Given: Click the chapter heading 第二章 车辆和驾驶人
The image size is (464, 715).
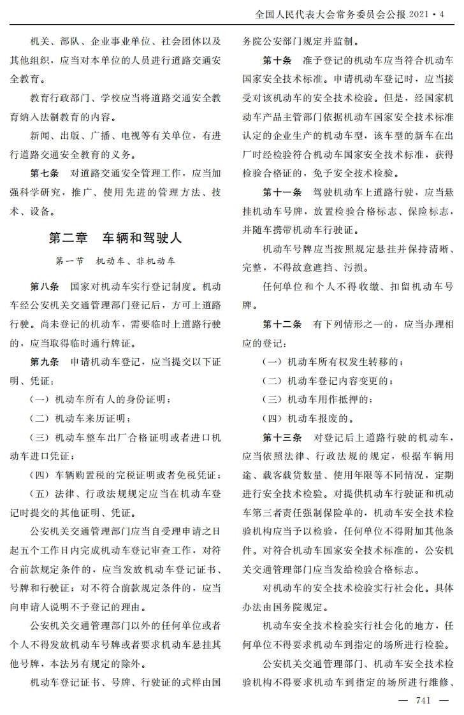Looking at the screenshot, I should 115,238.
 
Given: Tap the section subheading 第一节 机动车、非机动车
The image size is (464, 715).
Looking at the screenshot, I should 115,261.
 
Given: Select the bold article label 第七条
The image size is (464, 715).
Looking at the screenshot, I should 45,173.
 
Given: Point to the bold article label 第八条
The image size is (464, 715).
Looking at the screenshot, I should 45,288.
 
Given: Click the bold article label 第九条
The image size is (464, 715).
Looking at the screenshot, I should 45,362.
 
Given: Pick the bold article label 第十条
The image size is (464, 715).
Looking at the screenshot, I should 277,61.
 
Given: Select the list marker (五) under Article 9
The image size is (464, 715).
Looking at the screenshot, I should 40,494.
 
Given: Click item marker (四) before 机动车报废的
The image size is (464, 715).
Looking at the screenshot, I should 273,419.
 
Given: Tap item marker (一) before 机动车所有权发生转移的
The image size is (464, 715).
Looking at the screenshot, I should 273,362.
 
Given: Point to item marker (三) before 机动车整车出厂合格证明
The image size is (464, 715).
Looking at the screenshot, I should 40,438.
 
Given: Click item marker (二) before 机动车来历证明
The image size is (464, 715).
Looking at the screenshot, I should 40,419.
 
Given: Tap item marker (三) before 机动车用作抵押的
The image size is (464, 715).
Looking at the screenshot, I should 273,400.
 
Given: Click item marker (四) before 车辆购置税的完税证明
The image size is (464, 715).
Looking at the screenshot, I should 40,475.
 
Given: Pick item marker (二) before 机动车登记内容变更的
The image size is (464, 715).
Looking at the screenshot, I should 273,381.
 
